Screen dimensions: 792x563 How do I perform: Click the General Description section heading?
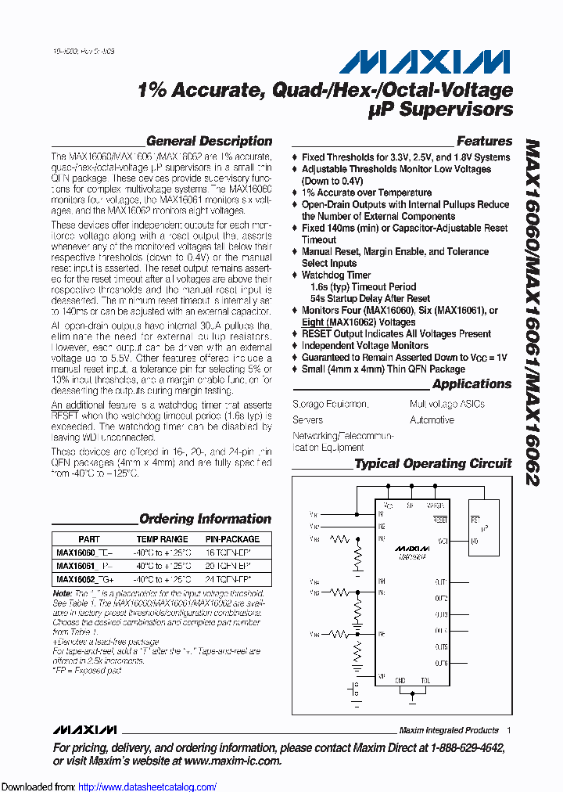pyautogui.click(x=209, y=142)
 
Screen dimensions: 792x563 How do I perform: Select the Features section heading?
pyautogui.click(x=484, y=142)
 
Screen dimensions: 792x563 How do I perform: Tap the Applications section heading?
pyautogui.click(x=472, y=384)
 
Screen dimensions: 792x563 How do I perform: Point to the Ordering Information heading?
pyautogui.click(x=205, y=519)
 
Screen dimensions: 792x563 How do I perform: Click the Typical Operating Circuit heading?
pyautogui.click(x=433, y=464)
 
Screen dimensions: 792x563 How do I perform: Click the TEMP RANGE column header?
pyautogui.click(x=162, y=539)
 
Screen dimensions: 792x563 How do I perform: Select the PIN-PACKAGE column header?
pyautogui.click(x=232, y=539)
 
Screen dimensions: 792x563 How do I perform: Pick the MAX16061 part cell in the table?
pyautogui.click(x=76, y=566)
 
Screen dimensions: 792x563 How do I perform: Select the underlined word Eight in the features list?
pyautogui.click(x=314, y=322)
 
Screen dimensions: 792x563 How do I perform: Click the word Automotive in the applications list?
pyautogui.click(x=432, y=420)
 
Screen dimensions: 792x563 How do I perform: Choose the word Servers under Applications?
pyautogui.click(x=307, y=420)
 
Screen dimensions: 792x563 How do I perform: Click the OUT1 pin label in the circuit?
pyautogui.click(x=440, y=581)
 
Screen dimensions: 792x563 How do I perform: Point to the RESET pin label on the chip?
pyautogui.click(x=439, y=519)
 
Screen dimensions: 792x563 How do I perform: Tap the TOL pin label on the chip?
pyautogui.click(x=425, y=681)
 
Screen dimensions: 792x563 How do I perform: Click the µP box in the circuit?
pyautogui.click(x=483, y=528)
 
